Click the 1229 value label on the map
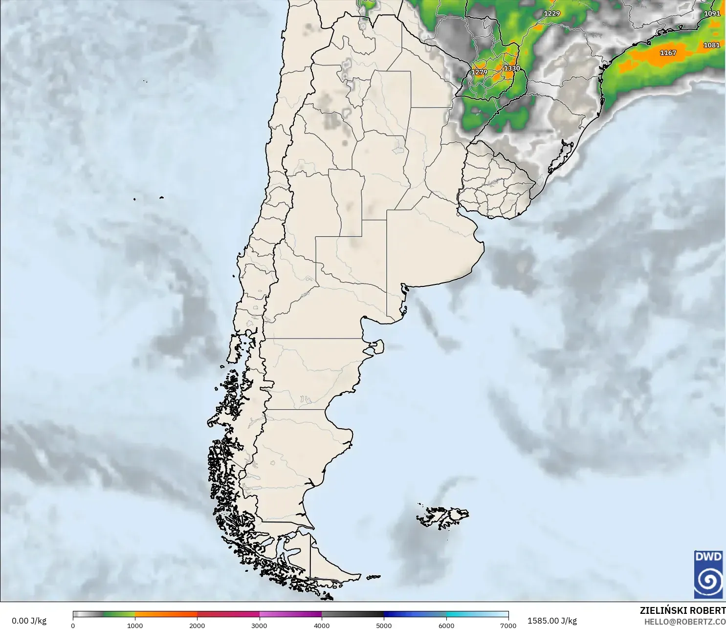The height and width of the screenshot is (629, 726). click(551, 14)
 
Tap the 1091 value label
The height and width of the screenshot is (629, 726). click(712, 14)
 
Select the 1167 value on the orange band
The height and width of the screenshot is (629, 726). click(668, 53)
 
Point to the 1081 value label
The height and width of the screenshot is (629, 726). click(711, 45)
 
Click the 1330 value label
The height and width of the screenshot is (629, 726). click(512, 68)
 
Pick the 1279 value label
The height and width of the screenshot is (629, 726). click(479, 72)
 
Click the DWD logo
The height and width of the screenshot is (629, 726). click(708, 574)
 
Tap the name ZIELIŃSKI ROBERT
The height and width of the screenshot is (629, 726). click(682, 610)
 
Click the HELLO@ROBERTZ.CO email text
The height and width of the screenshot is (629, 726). click(684, 622)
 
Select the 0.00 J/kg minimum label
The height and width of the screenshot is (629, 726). click(29, 621)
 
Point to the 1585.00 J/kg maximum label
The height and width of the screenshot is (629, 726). click(552, 621)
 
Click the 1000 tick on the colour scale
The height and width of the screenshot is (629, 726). click(135, 625)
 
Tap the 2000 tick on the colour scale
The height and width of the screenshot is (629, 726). click(197, 625)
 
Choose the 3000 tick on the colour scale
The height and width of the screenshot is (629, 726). click(259, 625)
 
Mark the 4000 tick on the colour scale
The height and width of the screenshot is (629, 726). click(322, 625)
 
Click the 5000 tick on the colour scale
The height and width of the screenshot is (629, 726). click(384, 625)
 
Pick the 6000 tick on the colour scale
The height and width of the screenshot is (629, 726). click(446, 625)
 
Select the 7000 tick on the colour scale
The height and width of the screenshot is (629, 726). click(508, 625)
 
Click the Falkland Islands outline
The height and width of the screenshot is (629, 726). click(442, 517)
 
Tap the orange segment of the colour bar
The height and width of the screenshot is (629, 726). click(166, 614)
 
